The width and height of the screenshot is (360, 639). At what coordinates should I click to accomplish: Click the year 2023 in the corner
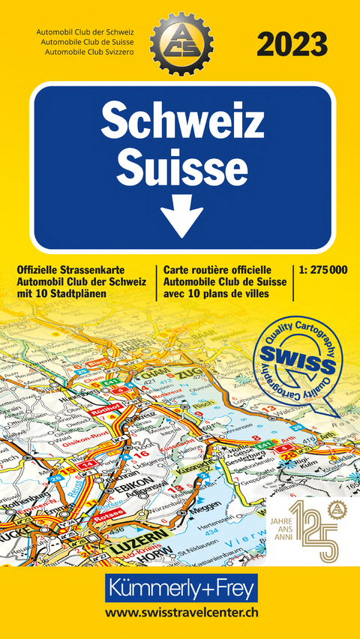pos(292,43)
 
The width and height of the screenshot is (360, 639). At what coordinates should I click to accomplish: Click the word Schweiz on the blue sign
pos(182,121)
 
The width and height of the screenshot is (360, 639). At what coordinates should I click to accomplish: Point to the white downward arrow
pos(182,217)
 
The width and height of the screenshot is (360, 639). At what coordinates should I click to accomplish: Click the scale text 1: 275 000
pos(322,268)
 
